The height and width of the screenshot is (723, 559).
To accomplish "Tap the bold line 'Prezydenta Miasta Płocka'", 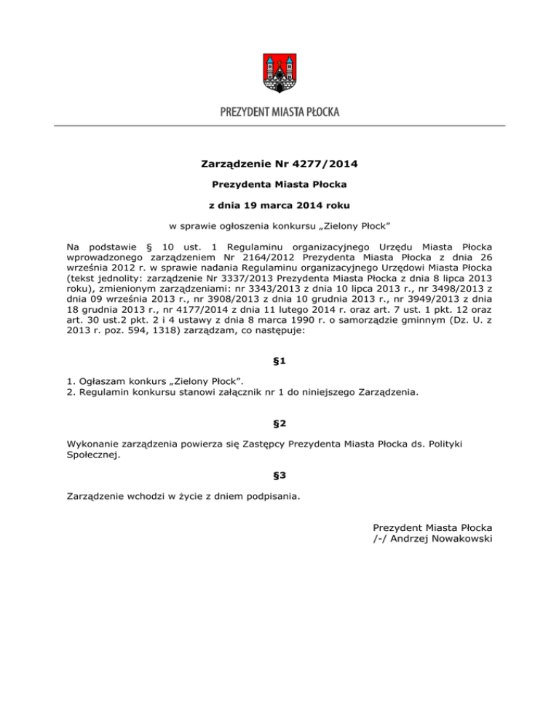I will [279, 185].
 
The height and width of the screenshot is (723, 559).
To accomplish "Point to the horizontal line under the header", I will [279, 126].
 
